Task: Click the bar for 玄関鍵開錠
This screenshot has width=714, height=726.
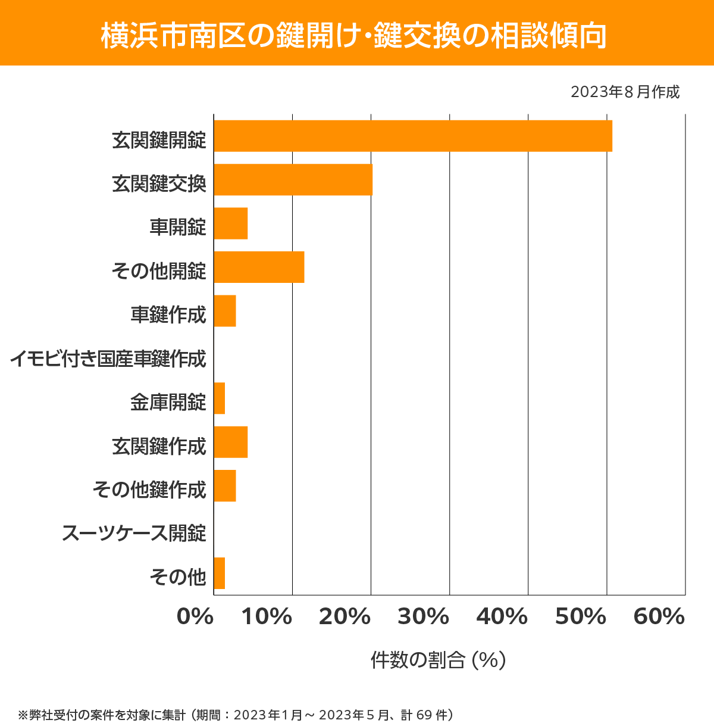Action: pos(413,136)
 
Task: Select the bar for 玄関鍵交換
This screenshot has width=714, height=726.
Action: pos(293,179)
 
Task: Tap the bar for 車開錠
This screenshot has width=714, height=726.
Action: pos(231,223)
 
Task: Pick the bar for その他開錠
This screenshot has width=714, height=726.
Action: pos(259,267)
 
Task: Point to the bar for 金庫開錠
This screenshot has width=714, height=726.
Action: pos(220,398)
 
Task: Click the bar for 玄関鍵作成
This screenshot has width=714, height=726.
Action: pos(231,442)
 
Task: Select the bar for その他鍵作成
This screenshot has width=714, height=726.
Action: pos(225,485)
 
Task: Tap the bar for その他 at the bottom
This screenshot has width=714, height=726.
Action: pos(220,573)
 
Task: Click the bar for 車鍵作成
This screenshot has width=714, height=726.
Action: pos(225,311)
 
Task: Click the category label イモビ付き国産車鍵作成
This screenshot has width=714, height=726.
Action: pos(108,359)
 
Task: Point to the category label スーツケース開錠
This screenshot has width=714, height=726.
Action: pos(134,533)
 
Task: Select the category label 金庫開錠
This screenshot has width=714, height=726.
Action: pos(168,403)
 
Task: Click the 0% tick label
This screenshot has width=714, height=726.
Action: pos(195,617)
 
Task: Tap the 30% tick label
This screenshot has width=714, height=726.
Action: pos(423,617)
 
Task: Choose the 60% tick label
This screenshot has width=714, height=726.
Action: pos(659,617)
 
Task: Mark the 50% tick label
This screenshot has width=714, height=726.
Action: pos(580,617)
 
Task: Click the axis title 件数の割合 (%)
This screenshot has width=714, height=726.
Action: pos(438,660)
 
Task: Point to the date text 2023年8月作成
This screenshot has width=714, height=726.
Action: pos(625,92)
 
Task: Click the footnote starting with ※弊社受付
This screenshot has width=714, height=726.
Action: pos(236,715)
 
